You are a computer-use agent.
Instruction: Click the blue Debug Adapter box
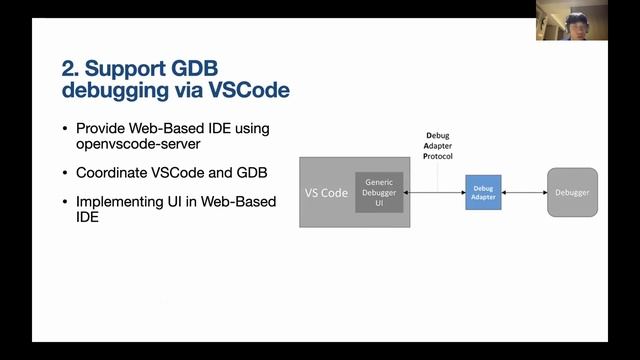point(483,192)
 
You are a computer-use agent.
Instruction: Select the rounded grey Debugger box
point(572,192)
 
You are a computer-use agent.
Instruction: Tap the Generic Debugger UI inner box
point(379,192)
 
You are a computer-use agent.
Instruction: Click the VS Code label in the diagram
point(326,192)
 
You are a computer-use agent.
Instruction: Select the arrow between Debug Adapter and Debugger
point(524,192)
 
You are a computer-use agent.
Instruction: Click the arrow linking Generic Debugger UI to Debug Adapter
point(434,192)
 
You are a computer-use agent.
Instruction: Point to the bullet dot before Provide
point(66,129)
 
